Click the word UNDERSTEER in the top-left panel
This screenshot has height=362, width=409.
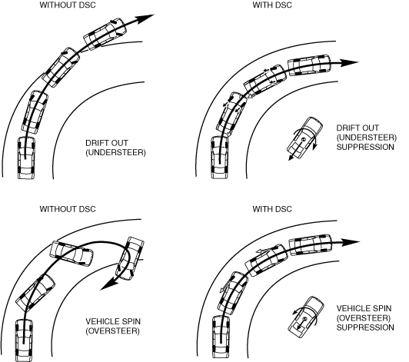pyautogui.click(x=115, y=153)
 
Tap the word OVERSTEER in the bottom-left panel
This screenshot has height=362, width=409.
pyautogui.click(x=112, y=331)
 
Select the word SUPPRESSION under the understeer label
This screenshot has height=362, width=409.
pyautogui.click(x=365, y=147)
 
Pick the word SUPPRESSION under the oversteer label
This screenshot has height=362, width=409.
pyautogui.click(x=365, y=327)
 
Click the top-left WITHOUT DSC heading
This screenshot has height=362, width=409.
pyautogui.click(x=68, y=5)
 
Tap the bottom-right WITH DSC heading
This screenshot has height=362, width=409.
pyautogui.click(x=272, y=209)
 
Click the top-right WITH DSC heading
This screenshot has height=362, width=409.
pyautogui.click(x=272, y=5)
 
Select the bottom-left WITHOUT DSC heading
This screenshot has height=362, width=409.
pyautogui.click(x=68, y=209)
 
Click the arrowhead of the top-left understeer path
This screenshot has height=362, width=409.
pyautogui.click(x=145, y=18)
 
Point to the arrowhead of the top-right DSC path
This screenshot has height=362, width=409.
pyautogui.click(x=350, y=62)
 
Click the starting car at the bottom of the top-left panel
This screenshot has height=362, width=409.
pyautogui.click(x=26, y=158)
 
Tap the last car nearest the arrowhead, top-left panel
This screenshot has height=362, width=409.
pyautogui.click(x=105, y=34)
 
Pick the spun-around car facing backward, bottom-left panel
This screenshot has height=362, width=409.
pyautogui.click(x=130, y=258)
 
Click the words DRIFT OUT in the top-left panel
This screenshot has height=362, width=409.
pyautogui.click(x=107, y=143)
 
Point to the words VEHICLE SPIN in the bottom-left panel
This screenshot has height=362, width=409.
pyautogui.click(x=113, y=321)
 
